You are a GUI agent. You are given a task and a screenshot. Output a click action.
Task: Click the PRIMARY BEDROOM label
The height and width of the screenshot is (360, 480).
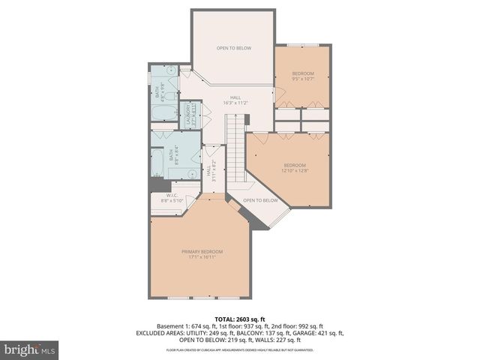(202, 251)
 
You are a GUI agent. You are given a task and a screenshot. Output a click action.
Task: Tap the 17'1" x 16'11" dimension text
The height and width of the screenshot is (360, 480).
(202, 257)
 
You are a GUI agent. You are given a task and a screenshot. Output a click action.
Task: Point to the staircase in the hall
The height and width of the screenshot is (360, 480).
(237, 151)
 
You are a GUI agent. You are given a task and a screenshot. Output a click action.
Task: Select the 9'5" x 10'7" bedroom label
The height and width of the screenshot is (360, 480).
(302, 75)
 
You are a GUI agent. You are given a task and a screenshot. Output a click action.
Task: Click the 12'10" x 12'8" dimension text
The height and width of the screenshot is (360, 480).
(295, 170)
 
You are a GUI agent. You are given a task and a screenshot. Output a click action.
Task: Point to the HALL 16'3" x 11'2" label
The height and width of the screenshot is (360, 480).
(235, 100)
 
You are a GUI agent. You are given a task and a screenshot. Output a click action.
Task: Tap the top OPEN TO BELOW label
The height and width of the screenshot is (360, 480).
(233, 48)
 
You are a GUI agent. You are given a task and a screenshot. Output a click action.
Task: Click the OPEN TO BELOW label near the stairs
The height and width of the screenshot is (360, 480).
(260, 200)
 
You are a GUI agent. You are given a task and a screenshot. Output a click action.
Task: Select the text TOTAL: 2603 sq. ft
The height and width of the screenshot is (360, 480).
(239, 319)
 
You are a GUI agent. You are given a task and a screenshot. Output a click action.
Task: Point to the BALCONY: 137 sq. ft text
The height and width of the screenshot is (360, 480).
(264, 332)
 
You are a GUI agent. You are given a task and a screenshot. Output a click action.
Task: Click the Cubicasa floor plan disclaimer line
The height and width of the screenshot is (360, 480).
(239, 349)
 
